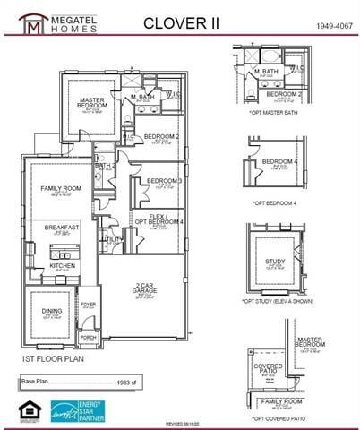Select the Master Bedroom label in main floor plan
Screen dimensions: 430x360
pyautogui.click(x=93, y=103)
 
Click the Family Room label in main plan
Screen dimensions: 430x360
pyautogui.click(x=61, y=189)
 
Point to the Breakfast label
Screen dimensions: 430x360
pyautogui.click(x=63, y=228)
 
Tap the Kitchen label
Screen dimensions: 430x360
pyautogui.click(x=63, y=266)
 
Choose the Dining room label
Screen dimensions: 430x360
pyautogui.click(x=53, y=312)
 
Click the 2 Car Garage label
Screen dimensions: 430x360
pyautogui.click(x=145, y=288)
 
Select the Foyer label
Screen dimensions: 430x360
pyautogui.click(x=89, y=305)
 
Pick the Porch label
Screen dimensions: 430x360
pyautogui.click(x=88, y=338)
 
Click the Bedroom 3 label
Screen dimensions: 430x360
pyautogui.click(x=165, y=180)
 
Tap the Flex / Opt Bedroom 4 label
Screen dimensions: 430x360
pyautogui.click(x=159, y=219)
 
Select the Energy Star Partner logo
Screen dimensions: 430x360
pyautogui.click(x=78, y=410)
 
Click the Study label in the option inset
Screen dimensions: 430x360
pyautogui.click(x=275, y=262)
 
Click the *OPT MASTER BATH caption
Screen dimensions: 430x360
pyautogui.click(x=275, y=111)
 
